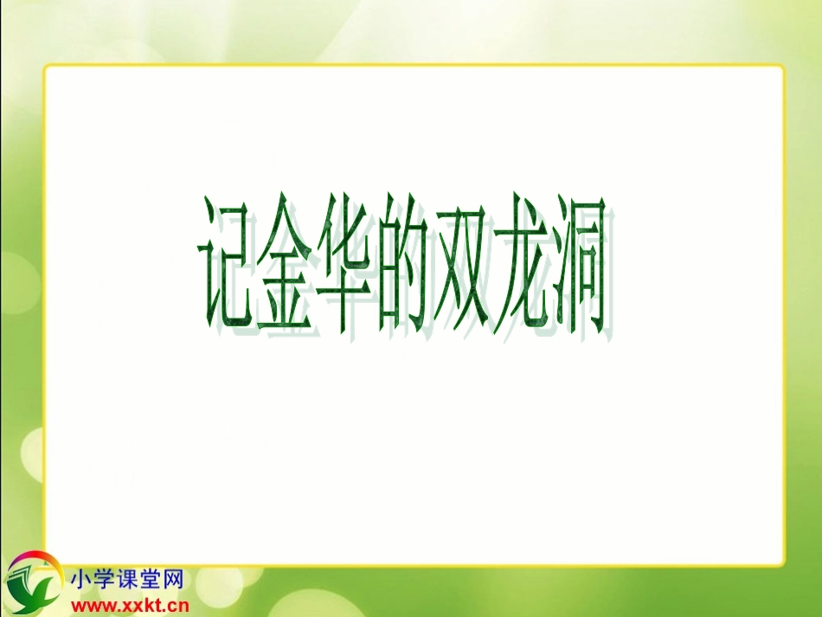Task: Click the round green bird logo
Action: pos(32,584)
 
